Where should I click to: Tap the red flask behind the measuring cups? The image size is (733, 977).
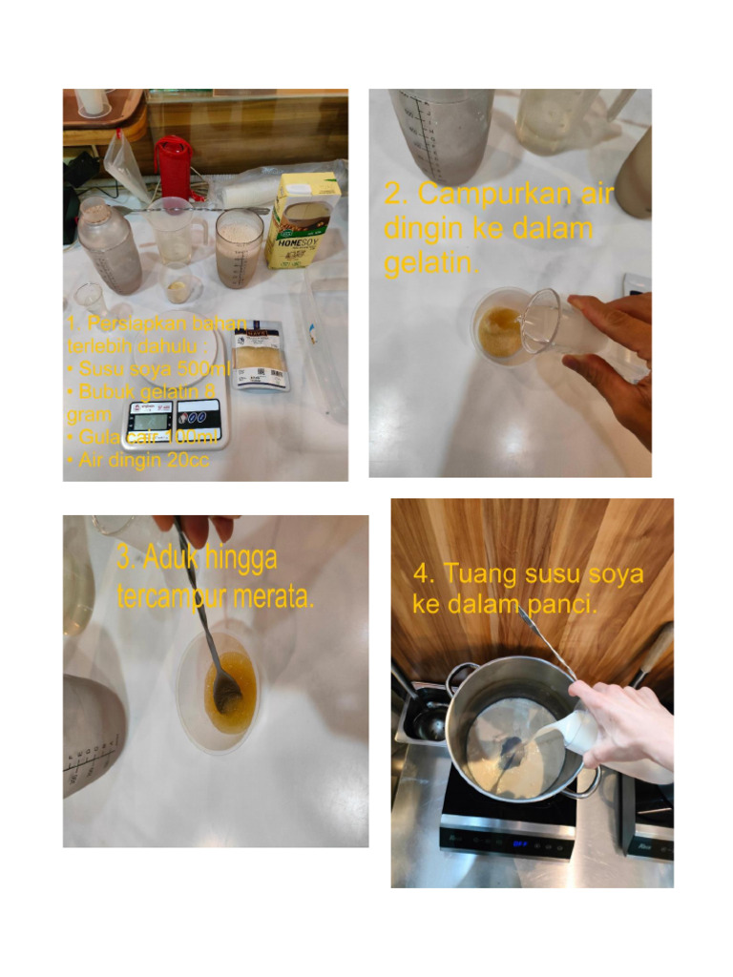pyautogui.click(x=173, y=168)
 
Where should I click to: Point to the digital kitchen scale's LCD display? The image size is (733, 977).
pyautogui.click(x=151, y=419)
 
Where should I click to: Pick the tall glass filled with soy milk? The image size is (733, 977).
pyautogui.click(x=239, y=248)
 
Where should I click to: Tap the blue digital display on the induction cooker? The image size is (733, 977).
pyautogui.click(x=521, y=843)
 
